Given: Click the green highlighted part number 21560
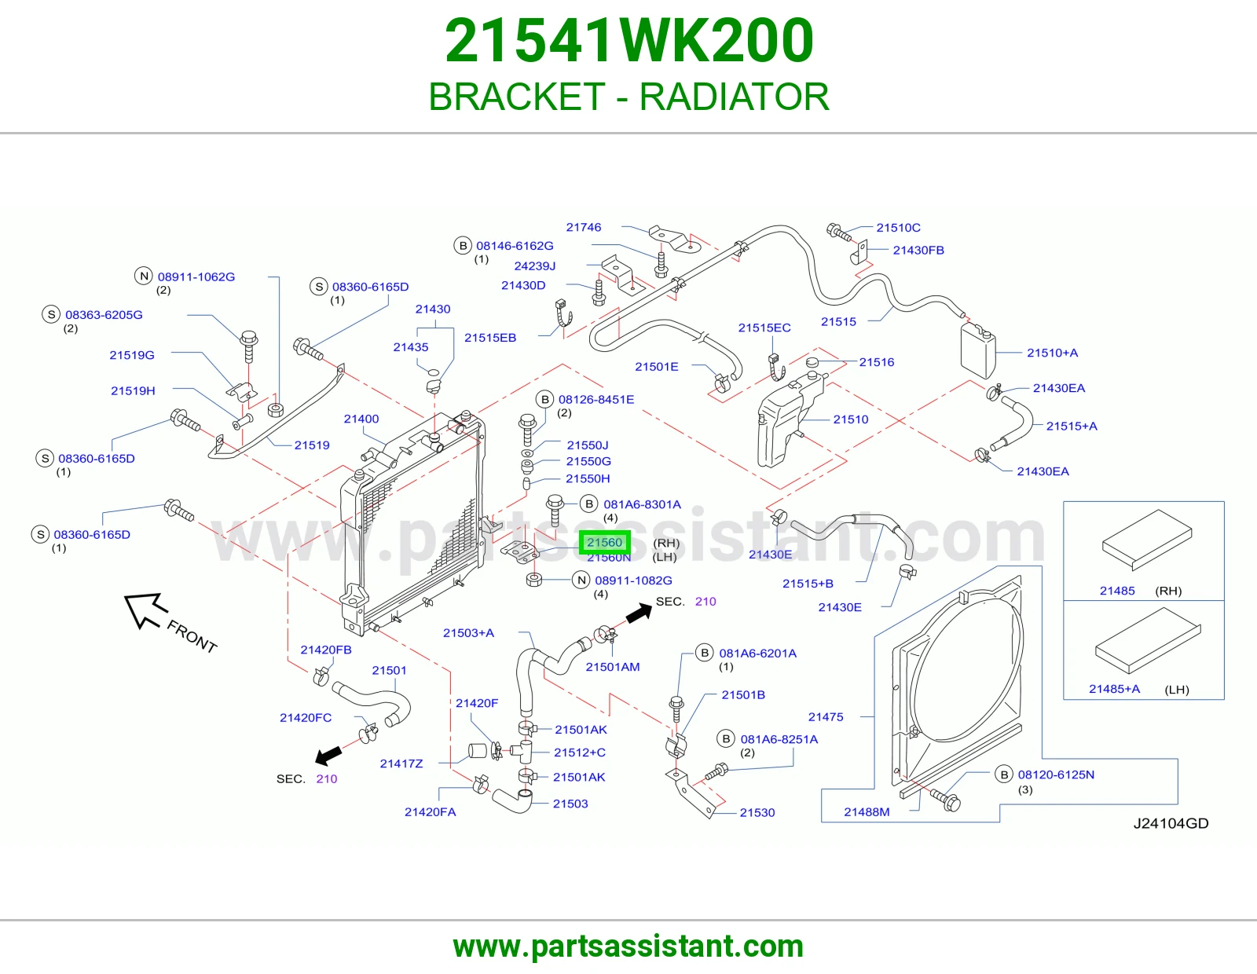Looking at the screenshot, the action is [604, 543].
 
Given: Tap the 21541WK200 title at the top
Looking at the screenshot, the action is [629, 40].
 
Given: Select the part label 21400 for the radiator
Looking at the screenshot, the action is [361, 419].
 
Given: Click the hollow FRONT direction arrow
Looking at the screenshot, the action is [146, 610].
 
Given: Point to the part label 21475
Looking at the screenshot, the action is [826, 717].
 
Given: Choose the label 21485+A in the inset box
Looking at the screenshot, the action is [1114, 689].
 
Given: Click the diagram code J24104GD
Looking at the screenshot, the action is [1171, 824].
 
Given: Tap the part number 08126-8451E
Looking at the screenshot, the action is [596, 400].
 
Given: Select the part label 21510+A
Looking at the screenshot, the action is [1052, 353].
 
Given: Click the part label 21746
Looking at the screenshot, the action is [584, 227].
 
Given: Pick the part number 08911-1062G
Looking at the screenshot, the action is [196, 277].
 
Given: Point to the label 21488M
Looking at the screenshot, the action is [867, 812].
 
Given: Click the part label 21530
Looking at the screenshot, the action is [757, 813].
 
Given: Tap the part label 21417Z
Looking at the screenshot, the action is [401, 763].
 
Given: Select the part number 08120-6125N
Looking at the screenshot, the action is [1057, 775].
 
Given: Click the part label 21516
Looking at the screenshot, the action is [877, 362].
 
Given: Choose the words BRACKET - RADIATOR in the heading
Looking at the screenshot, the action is [628, 97].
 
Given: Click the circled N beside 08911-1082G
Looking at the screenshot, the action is [581, 580].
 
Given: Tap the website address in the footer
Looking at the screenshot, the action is [628, 947].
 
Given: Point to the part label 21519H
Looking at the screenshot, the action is [133, 391].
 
